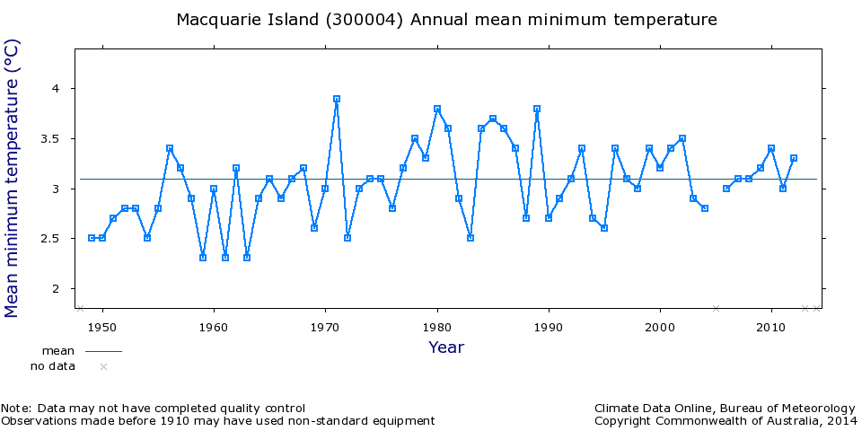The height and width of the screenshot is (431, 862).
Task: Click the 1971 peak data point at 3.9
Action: click(x=337, y=99)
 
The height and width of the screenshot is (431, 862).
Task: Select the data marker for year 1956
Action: click(x=170, y=148)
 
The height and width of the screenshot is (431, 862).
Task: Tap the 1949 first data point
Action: click(x=92, y=238)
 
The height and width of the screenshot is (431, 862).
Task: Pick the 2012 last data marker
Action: click(x=794, y=158)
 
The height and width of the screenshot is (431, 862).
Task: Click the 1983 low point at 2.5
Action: click(x=471, y=238)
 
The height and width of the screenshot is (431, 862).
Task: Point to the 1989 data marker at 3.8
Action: click(x=537, y=109)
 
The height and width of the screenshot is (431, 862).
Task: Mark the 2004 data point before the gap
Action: click(x=705, y=208)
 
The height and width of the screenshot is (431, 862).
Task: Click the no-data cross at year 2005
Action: click(x=716, y=308)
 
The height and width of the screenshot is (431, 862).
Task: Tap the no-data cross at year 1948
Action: click(x=80, y=308)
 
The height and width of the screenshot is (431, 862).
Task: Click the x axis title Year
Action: click(x=446, y=347)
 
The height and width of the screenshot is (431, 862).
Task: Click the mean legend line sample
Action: click(x=103, y=351)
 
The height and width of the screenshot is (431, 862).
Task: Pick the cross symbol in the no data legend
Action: click(x=103, y=366)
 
